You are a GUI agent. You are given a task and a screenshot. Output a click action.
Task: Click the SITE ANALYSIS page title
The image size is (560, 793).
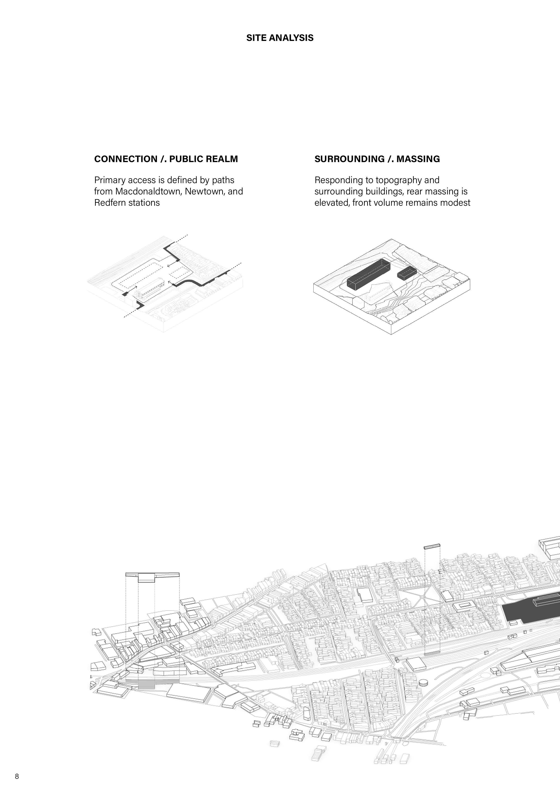(x=280, y=38)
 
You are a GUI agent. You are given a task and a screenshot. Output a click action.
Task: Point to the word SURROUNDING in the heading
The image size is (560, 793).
(x=349, y=159)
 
